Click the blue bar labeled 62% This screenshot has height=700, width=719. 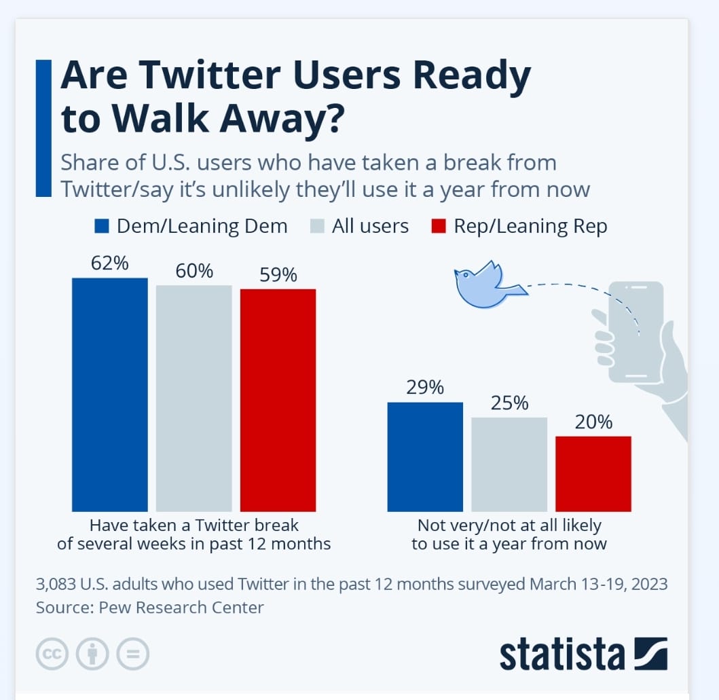click(x=109, y=394)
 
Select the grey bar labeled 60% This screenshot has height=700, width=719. click(x=193, y=398)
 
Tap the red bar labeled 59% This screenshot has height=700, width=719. click(x=278, y=400)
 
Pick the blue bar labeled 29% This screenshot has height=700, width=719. click(x=425, y=456)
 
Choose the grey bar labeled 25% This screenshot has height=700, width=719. click(x=509, y=464)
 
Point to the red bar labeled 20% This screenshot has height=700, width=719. click(x=593, y=473)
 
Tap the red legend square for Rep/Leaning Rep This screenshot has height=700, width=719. click(x=439, y=226)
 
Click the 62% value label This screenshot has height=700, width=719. click(x=109, y=263)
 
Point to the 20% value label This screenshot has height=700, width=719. click(x=593, y=422)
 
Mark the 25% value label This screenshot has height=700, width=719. click(x=509, y=403)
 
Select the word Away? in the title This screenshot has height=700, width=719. click(x=289, y=118)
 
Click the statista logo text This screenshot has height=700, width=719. click(x=561, y=655)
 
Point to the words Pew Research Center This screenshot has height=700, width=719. click(x=181, y=607)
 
